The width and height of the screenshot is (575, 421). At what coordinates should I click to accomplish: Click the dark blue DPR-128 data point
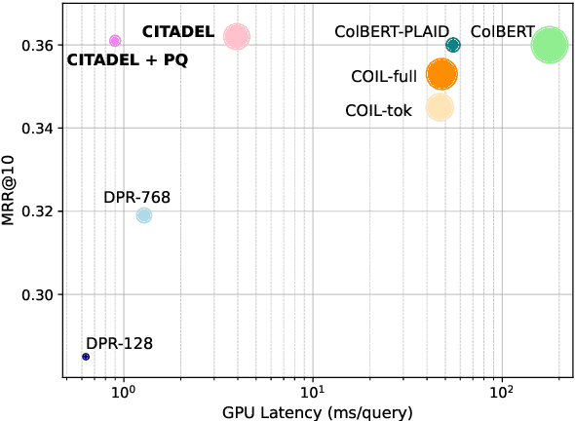(86, 357)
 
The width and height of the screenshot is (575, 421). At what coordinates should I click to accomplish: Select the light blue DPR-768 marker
(144, 215)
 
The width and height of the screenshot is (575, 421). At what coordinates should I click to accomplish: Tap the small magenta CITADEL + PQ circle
(115, 41)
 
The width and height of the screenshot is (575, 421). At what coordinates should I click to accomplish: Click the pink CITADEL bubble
(236, 37)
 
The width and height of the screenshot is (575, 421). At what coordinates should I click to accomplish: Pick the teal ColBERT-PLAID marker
(452, 45)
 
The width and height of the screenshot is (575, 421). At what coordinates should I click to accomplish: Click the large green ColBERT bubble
(550, 45)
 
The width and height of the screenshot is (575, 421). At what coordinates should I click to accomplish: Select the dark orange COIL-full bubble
(441, 74)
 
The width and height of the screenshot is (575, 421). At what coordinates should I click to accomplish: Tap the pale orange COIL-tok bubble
(440, 108)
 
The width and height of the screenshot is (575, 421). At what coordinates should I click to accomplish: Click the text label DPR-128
(119, 343)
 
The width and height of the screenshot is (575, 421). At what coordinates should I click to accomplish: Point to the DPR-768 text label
(136, 198)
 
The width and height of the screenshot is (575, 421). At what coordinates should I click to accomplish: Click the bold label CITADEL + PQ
(127, 60)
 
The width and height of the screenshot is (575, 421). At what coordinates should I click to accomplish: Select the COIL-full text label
(384, 76)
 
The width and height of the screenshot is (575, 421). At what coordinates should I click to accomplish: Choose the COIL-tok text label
(379, 110)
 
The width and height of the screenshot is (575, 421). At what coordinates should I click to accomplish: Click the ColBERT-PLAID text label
(391, 31)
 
